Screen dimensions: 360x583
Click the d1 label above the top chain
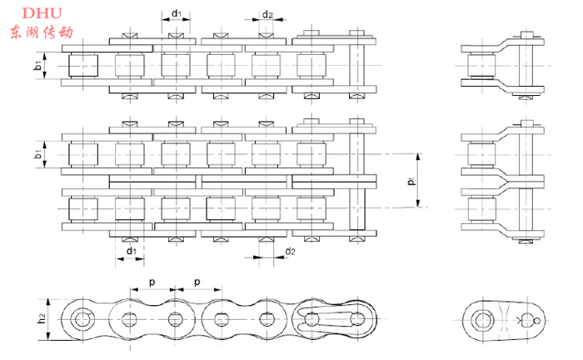176,14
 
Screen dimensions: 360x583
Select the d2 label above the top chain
267,14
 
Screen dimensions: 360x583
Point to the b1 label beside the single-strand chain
39,65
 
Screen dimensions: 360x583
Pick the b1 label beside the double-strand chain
39,154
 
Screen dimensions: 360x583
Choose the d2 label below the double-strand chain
289,251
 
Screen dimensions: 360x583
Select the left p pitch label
152,282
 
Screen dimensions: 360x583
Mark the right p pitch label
197,282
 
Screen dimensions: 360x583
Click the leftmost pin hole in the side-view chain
82,320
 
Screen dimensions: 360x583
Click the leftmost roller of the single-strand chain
83,65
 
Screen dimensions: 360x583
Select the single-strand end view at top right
500,65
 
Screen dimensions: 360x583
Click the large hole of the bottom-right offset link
483,320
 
